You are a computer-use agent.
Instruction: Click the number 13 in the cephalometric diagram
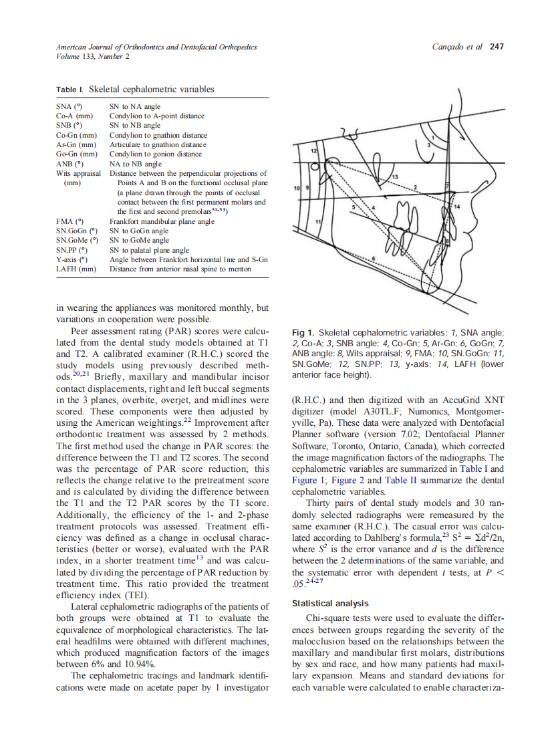click(x=395, y=175)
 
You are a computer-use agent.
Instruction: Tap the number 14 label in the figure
click(x=457, y=207)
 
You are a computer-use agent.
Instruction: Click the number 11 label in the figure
click(x=318, y=221)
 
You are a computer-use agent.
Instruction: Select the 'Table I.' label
click(x=70, y=89)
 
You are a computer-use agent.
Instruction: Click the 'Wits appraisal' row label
click(x=78, y=172)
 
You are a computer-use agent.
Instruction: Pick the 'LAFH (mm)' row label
click(x=76, y=269)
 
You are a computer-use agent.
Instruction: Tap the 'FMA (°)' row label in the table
click(x=69, y=221)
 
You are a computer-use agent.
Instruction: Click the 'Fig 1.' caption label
click(x=304, y=332)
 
